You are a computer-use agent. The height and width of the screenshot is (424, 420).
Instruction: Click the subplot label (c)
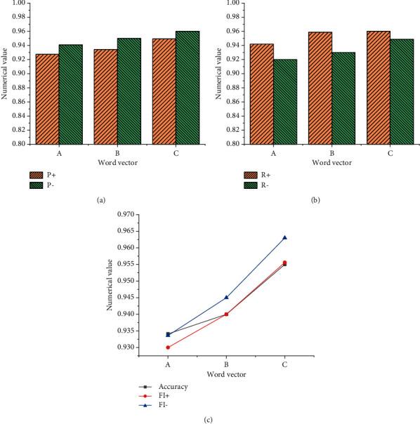coord(208,420)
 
